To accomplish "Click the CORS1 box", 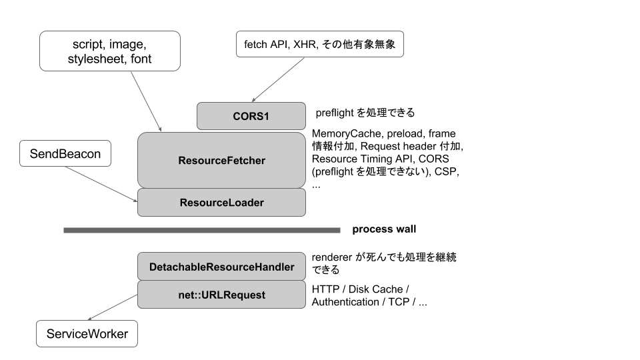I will [x=251, y=115].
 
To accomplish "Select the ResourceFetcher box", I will [x=221, y=160].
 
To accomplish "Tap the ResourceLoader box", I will [x=221, y=203].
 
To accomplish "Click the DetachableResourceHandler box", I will [x=221, y=267].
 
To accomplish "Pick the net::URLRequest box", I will [x=221, y=295].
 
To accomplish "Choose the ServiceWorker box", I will [x=87, y=333].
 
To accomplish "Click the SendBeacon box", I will [x=65, y=154].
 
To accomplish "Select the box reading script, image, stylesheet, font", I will [x=109, y=51].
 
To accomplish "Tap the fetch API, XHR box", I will [x=320, y=44].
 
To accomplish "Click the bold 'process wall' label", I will [x=384, y=229].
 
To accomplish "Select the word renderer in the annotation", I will [x=332, y=257].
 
